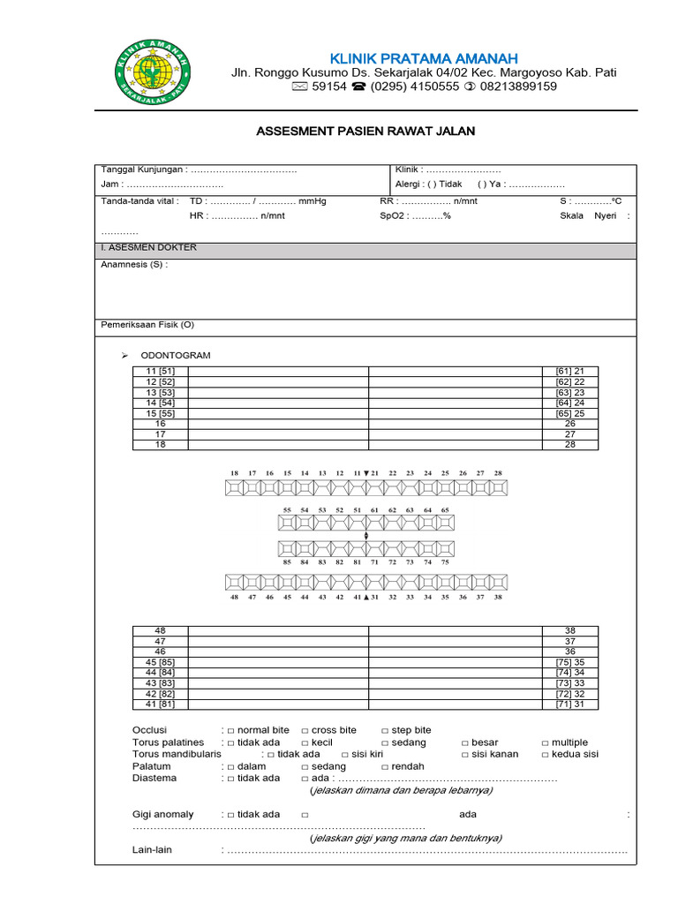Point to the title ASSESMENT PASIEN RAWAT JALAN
[x=365, y=132]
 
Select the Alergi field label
[x=410, y=185]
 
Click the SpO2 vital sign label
[x=394, y=215]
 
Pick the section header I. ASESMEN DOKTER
[x=149, y=248]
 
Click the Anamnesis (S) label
[x=134, y=264]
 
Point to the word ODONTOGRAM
[x=176, y=355]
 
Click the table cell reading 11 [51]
[x=161, y=371]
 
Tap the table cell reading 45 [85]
[x=161, y=662]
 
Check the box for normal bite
[x=231, y=731]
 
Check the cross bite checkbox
[x=305, y=731]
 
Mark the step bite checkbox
[x=385, y=731]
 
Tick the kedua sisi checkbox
[x=546, y=755]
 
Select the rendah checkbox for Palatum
[x=385, y=767]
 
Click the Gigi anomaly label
[x=163, y=814]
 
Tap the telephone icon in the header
[x=359, y=87]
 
